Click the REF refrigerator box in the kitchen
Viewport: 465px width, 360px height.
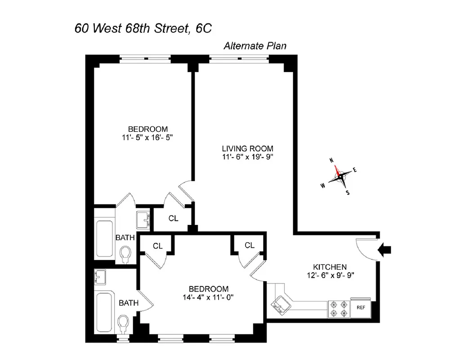coord(361,308)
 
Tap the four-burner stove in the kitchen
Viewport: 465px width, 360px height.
coord(339,308)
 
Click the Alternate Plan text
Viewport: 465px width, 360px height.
coord(255,46)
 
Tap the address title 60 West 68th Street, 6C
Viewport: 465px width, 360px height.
coord(143,29)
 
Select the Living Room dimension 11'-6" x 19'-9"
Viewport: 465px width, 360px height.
coord(248,157)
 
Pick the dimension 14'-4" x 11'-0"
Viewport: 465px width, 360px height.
coord(208,297)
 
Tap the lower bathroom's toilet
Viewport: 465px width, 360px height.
coord(122,323)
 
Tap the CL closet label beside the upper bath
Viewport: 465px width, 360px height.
coord(174,219)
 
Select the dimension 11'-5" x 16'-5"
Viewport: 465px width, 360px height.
coord(144,137)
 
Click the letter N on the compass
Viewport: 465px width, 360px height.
coord(331,160)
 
